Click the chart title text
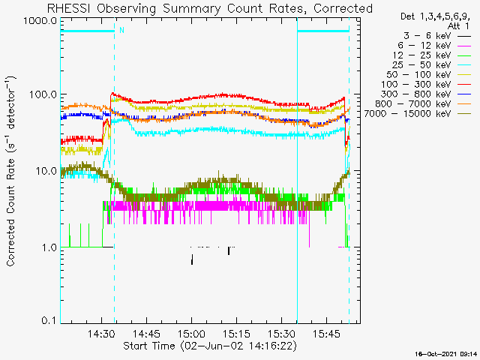(209, 8)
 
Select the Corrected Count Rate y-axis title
(12, 171)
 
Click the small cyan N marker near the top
(121, 30)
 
